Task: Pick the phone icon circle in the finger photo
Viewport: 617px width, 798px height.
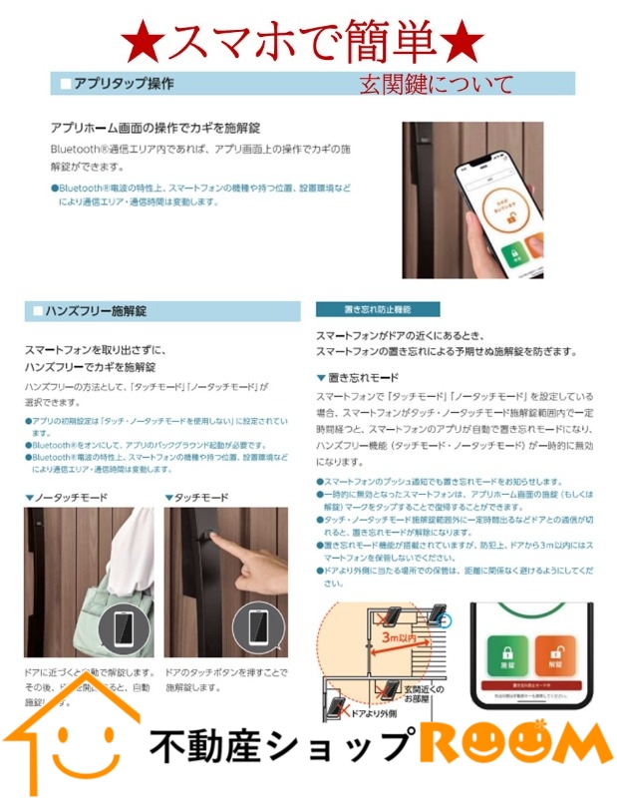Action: pos(259,627)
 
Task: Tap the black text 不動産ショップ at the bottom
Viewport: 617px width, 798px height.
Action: pos(281,746)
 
